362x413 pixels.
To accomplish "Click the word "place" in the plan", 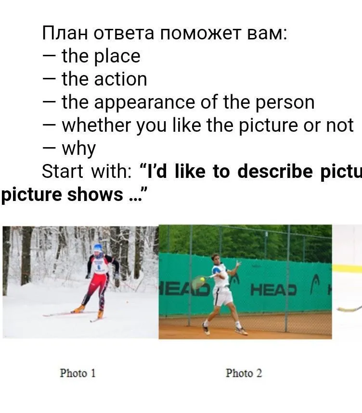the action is [x=117, y=57].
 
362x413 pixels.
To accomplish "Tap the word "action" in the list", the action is [x=121, y=79].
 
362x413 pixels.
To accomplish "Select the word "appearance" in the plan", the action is [x=144, y=103].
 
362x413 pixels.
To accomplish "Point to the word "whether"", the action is [x=96, y=125].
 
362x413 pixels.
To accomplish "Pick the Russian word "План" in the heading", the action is [x=65, y=34].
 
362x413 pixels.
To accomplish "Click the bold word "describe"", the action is [x=275, y=171].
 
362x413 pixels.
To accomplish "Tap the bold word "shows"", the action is [x=95, y=194].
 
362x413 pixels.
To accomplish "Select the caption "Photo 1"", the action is [x=78, y=373].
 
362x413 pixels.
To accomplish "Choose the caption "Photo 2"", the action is [x=244, y=373].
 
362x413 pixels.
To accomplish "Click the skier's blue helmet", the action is [x=98, y=248].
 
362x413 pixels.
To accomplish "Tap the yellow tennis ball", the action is [x=202, y=279].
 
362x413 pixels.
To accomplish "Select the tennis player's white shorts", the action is [x=223, y=296].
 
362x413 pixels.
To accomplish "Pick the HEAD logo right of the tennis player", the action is [x=273, y=290].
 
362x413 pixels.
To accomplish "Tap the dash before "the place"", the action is [x=49, y=56].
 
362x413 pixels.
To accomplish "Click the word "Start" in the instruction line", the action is [x=63, y=171].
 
